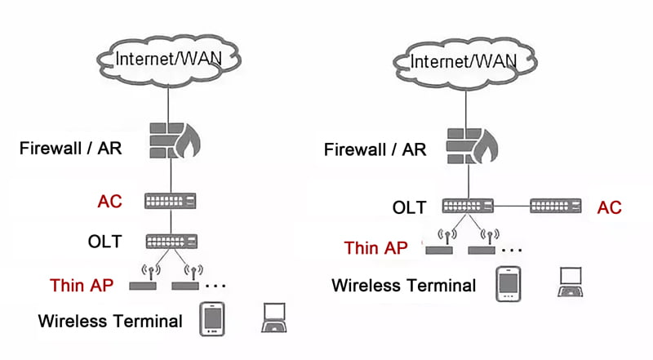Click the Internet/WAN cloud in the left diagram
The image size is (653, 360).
coord(169,61)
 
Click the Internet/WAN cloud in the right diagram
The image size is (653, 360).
coord(464,64)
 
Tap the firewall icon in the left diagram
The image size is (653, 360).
coord(175,141)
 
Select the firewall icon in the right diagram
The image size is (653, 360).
coord(472,146)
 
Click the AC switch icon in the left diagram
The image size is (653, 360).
coord(171,201)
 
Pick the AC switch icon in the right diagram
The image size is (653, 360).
coord(556,206)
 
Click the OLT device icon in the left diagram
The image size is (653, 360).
coord(171,242)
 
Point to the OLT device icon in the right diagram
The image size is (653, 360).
coord(468,206)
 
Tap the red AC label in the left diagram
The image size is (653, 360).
coord(109,202)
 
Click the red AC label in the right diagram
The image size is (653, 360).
coord(609,207)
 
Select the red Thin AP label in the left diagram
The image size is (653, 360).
coord(82,286)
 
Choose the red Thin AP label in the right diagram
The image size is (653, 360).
coord(375,248)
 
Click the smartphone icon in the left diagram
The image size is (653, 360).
coord(212,319)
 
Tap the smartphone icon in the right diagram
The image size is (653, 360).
coord(509,284)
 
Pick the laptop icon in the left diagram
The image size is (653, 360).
coord(274,318)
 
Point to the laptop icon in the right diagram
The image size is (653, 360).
coord(570,282)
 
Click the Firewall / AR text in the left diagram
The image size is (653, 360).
coord(71,149)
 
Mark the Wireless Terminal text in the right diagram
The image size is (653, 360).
coord(403,286)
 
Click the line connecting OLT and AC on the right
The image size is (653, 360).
coord(512,206)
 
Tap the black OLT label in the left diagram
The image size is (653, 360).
coord(105,242)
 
